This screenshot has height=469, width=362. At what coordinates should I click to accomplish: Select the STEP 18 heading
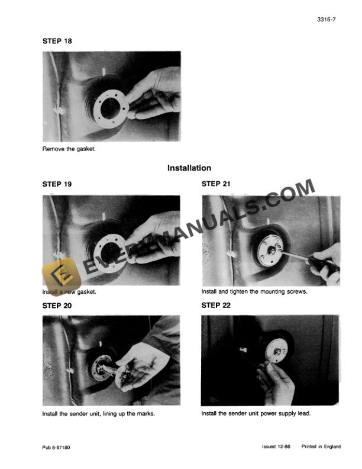tap(57, 41)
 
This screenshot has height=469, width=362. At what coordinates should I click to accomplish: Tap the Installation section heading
tap(189, 168)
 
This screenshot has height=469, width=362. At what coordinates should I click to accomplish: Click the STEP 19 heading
tap(57, 184)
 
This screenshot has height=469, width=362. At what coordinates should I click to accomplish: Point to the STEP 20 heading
tap(57, 306)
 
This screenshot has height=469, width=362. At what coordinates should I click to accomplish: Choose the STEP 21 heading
tap(216, 184)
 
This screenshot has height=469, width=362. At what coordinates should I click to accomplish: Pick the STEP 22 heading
tap(216, 306)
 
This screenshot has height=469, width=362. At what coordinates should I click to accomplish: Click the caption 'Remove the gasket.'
tap(69, 149)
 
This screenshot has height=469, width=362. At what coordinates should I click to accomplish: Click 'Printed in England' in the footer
tap(321, 446)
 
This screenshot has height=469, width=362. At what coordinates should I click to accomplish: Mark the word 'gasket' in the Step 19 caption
tap(83, 292)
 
